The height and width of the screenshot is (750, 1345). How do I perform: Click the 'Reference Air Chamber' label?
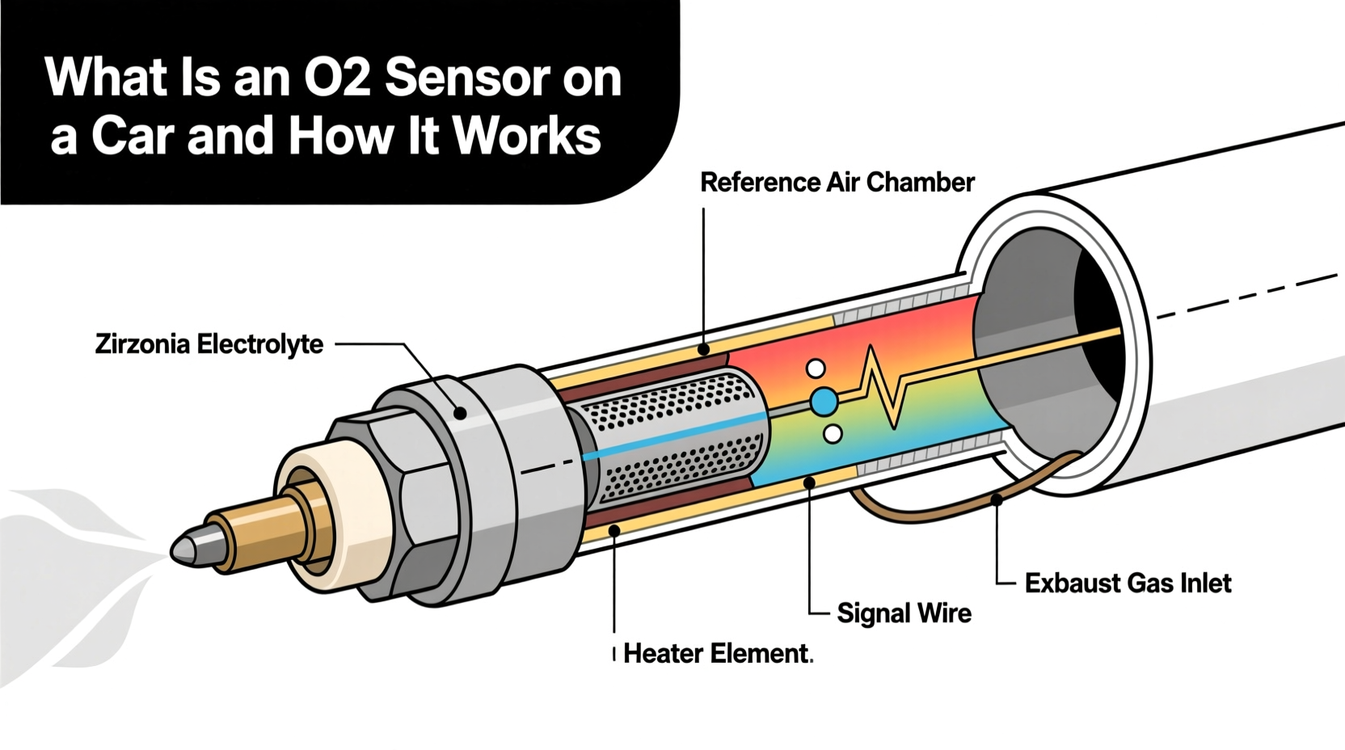pyautogui.click(x=837, y=183)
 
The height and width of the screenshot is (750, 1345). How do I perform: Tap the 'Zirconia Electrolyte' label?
pyautogui.click(x=209, y=344)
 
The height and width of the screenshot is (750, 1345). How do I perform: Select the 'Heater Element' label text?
pyautogui.click(x=715, y=653)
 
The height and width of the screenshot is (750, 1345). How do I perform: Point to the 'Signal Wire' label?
pyautogui.click(x=904, y=613)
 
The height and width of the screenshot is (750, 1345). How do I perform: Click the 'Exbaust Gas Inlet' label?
pyautogui.click(x=1128, y=583)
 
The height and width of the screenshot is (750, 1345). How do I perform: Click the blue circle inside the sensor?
pyautogui.click(x=823, y=402)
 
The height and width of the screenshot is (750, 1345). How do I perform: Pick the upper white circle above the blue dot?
pyautogui.click(x=816, y=369)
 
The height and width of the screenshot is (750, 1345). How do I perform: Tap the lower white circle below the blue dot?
pyautogui.click(x=832, y=435)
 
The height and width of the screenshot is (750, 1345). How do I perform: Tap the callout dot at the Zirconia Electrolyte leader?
pyautogui.click(x=460, y=414)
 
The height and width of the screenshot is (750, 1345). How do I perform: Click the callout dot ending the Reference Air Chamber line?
pyautogui.click(x=704, y=350)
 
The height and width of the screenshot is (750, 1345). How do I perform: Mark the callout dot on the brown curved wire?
pyautogui.click(x=997, y=500)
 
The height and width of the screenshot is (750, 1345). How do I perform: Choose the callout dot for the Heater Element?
pyautogui.click(x=614, y=531)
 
